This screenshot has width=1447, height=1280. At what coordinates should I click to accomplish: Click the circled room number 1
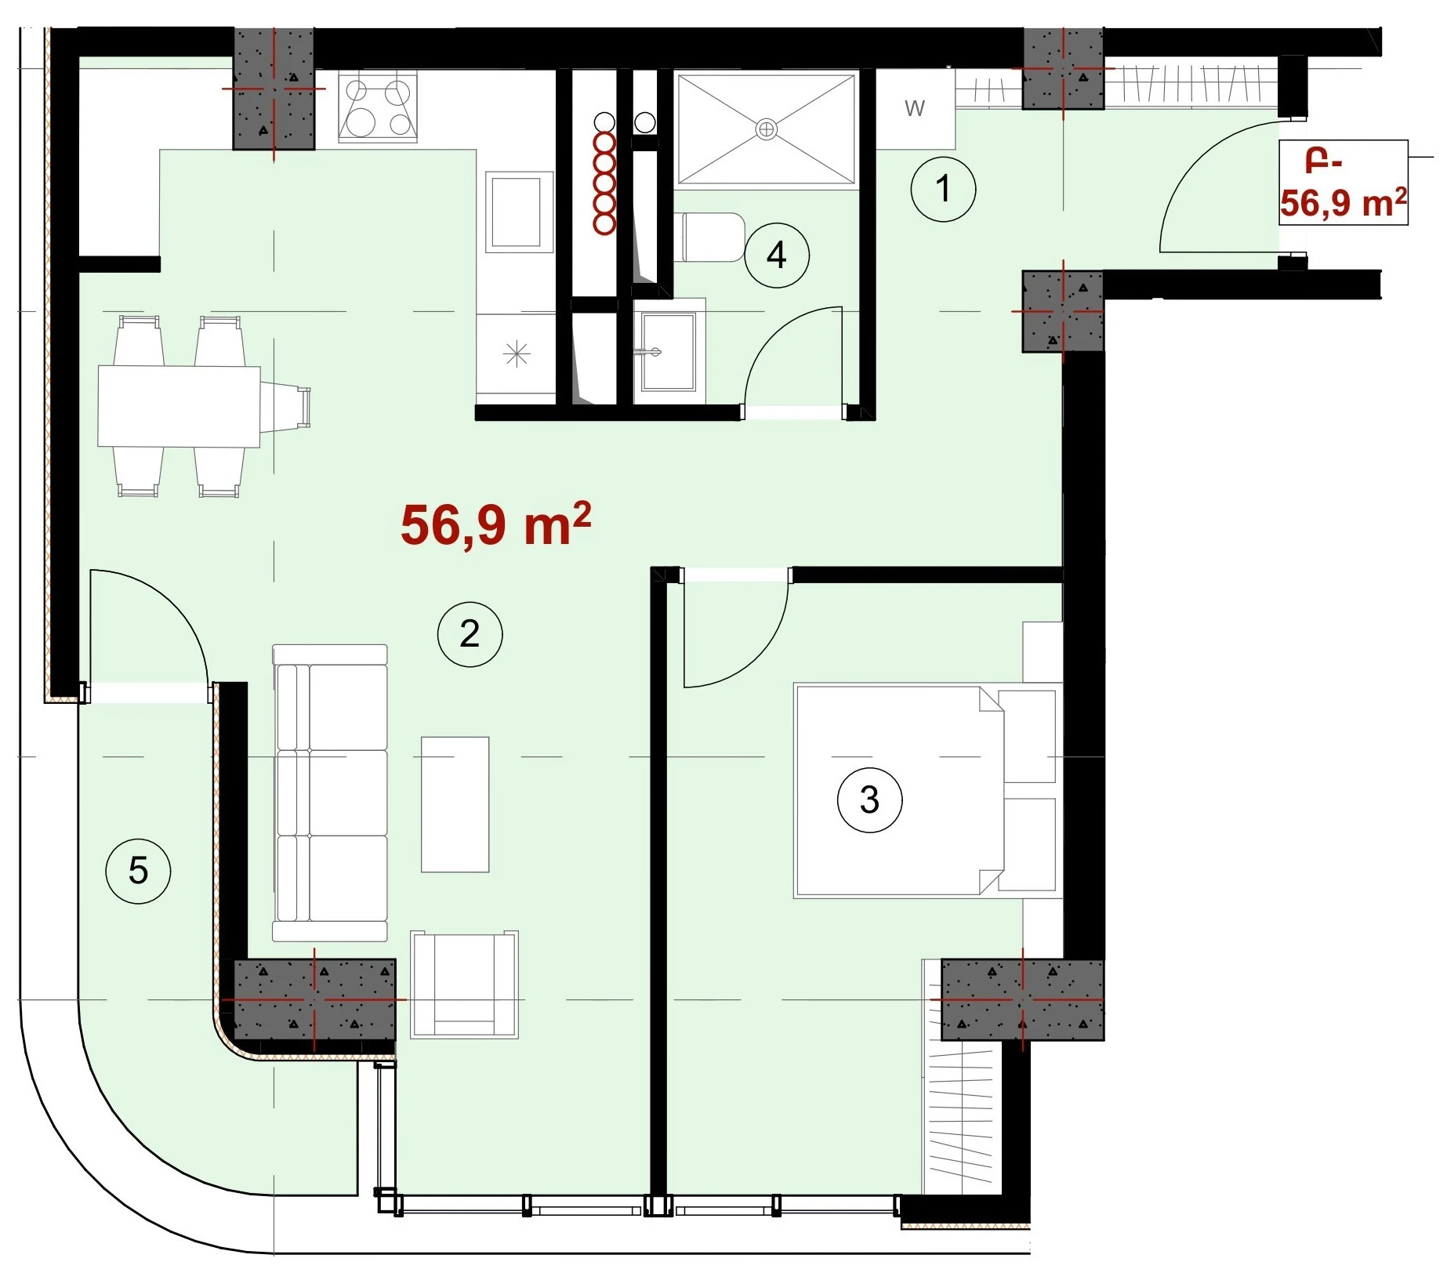click(x=943, y=189)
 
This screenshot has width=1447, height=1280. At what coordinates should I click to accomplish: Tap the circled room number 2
click(x=470, y=634)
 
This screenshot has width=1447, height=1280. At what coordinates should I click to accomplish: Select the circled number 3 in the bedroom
click(x=869, y=800)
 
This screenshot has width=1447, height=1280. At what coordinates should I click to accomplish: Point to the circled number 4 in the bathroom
click(x=776, y=255)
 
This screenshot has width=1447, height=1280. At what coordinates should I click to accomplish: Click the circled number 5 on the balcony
click(x=138, y=871)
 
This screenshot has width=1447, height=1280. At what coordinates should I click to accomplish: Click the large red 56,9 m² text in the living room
click(x=495, y=525)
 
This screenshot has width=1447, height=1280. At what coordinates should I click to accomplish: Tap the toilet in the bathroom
click(x=709, y=238)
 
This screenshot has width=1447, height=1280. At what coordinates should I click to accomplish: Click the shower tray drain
click(x=767, y=129)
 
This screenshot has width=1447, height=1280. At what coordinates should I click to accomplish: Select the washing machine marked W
click(x=915, y=109)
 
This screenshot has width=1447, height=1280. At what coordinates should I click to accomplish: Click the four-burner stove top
click(x=378, y=107)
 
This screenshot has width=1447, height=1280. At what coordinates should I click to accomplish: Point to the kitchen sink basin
click(x=515, y=212)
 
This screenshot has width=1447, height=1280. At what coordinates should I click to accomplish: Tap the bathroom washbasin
click(x=668, y=352)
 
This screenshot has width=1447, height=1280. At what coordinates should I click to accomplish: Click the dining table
click(x=179, y=406)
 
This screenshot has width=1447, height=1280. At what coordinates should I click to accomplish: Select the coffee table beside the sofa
click(x=455, y=804)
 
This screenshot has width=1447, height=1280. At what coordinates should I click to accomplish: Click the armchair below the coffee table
click(x=465, y=984)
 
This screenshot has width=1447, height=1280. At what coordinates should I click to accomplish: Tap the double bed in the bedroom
click(x=925, y=790)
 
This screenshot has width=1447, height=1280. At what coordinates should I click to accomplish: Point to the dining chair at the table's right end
click(x=285, y=406)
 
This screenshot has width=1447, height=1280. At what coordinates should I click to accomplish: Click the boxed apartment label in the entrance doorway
click(x=1344, y=183)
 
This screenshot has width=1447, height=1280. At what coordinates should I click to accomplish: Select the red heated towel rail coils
click(x=604, y=183)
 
